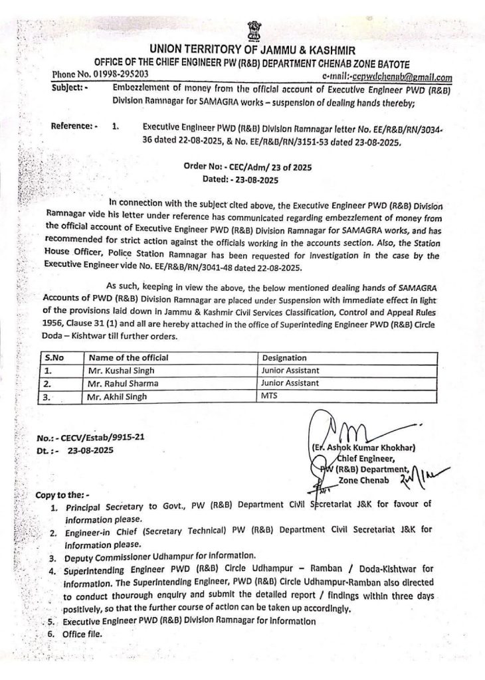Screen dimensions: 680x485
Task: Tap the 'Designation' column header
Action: (284, 358)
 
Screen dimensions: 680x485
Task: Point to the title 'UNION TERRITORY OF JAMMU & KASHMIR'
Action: (252, 50)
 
